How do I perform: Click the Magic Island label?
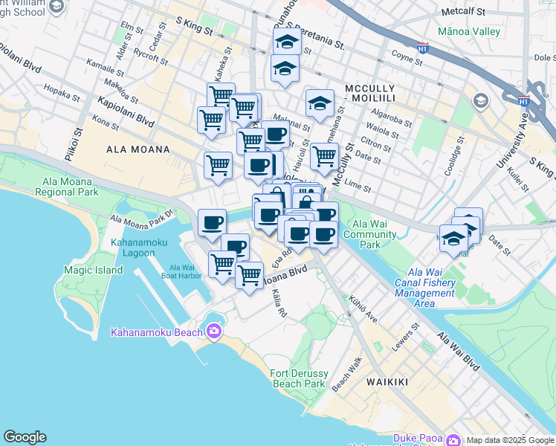(x=93, y=270)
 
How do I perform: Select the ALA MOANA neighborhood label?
(x=138, y=149)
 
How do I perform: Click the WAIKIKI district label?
(x=387, y=382)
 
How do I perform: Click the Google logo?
(x=25, y=437)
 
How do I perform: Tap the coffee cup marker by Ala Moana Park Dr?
(x=213, y=222)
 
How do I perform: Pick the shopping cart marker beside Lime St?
(x=324, y=156)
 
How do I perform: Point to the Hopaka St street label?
(x=62, y=96)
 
